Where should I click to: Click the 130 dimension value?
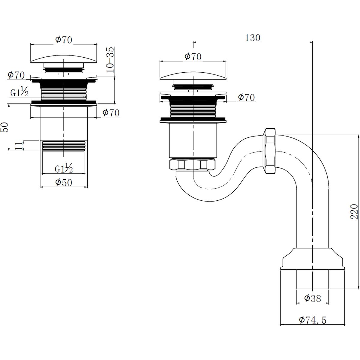pos(253,38)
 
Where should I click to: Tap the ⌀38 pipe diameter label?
pos(312,298)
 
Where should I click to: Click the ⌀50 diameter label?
pos(64,182)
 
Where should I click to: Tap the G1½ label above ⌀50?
pos(64,169)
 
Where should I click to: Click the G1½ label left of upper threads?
pos(19,93)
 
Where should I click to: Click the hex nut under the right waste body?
pos(192,165)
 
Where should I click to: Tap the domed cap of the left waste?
pos(64,58)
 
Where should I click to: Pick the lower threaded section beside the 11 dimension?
pos(64,145)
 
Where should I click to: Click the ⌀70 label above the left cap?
pos(64,40)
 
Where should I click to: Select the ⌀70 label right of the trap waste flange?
pos(246,97)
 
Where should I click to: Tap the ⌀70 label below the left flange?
pos(111,113)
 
